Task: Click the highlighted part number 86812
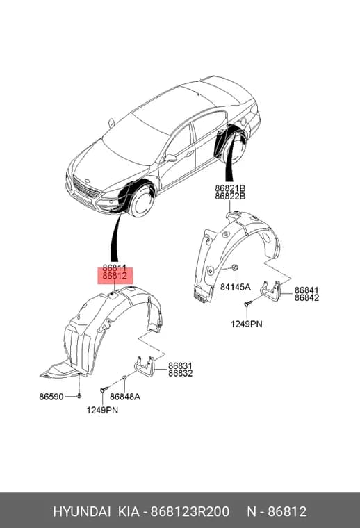(x=115, y=276)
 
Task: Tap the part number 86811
(x=115, y=268)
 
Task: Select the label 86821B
(x=230, y=188)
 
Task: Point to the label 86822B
(x=230, y=196)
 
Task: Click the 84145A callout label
(x=236, y=287)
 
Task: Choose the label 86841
(x=306, y=290)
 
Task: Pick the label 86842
(x=306, y=297)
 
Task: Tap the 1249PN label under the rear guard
(x=246, y=324)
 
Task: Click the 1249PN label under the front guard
(x=102, y=410)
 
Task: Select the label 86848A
(x=125, y=397)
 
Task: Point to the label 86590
(x=51, y=397)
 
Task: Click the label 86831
(x=181, y=365)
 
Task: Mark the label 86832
(x=181, y=373)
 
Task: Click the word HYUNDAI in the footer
(x=82, y=512)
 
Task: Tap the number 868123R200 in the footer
(x=190, y=512)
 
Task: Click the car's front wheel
(x=142, y=201)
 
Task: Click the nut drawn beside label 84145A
(x=235, y=267)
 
